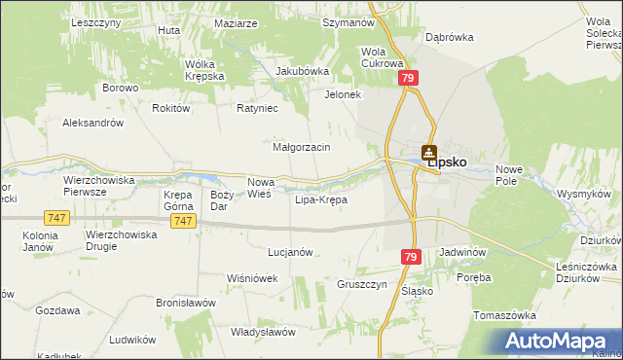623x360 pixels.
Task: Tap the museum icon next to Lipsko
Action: pos(429,152)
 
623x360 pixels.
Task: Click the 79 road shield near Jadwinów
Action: pos(410,256)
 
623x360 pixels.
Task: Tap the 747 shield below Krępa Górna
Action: pos(181,222)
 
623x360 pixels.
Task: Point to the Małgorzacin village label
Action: pos(302,147)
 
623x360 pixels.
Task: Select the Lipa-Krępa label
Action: pos(320,200)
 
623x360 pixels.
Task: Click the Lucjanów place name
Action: pos(289,251)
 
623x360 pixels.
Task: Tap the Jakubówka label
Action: pos(303,71)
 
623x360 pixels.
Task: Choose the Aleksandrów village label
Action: pos(92,124)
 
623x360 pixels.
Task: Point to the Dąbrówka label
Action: pos(449,37)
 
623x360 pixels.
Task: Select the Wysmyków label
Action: pos(582,194)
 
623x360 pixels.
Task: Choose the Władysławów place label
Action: pos(263,332)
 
